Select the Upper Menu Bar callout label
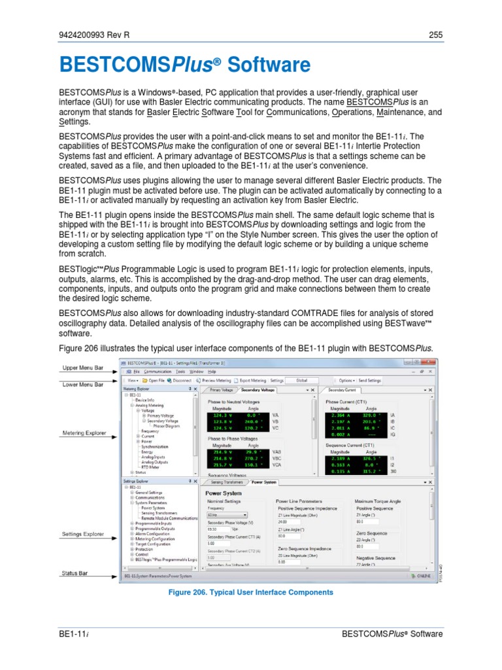coord(82,369)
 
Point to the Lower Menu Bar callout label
coord(82,385)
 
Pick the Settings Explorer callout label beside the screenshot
coord(83,534)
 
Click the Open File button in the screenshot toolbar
coord(154,380)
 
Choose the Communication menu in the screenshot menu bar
coord(161,371)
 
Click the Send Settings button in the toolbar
coord(369,380)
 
